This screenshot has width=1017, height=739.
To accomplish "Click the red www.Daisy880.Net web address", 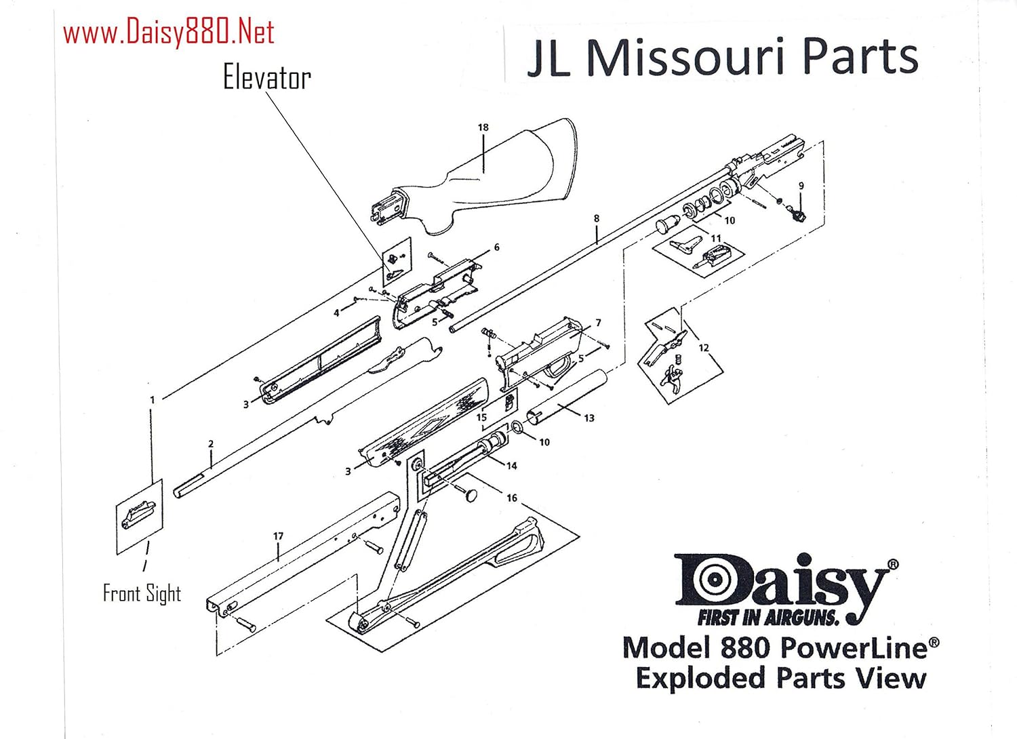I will pos(168,33).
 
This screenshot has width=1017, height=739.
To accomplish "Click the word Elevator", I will pos(266,78).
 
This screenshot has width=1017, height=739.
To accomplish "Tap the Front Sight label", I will pos(142,593).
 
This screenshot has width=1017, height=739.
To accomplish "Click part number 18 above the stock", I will pos(483,127).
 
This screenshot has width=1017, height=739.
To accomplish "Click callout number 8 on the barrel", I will pos(597,218).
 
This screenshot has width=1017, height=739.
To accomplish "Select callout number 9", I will pos(801,186).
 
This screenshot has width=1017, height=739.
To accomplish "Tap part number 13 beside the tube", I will pos(589,418).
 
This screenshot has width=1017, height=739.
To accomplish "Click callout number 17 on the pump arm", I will pos(278,536).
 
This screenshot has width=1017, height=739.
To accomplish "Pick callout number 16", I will pos(511,498).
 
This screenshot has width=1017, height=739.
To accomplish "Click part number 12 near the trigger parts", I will pos(703,348).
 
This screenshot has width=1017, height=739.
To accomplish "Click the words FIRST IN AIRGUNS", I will pos(768,617).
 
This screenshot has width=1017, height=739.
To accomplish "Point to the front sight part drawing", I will pos(138,516).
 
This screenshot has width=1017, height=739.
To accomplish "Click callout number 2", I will pos(211,444).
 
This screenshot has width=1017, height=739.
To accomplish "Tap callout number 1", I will pos(152,400).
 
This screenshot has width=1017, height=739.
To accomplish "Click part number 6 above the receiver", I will pos(496,247).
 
